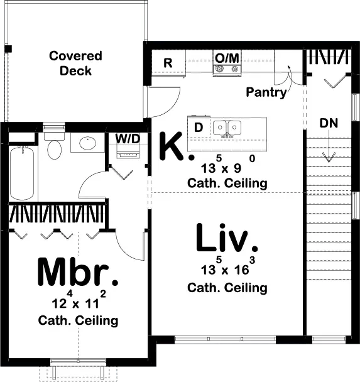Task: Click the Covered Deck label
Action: (75, 63)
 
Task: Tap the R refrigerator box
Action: (168, 63)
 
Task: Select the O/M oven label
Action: (227, 58)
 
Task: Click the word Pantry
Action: (266, 92)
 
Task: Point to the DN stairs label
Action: (328, 123)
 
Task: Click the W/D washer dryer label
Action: (128, 138)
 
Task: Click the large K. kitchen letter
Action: (172, 147)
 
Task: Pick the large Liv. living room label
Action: (227, 239)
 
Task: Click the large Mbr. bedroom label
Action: (78, 272)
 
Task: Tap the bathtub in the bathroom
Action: (23, 172)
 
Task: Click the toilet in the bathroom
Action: (55, 146)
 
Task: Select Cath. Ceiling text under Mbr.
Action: (78, 320)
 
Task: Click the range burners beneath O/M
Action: (227, 70)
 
